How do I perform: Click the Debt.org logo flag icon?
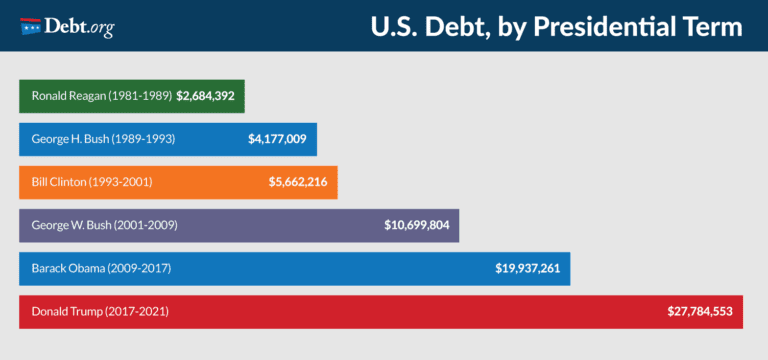tap(31, 25)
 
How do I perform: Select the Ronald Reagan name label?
tap(102, 97)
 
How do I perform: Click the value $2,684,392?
tap(208, 97)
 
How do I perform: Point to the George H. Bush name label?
tap(103, 139)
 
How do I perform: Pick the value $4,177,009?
tap(277, 139)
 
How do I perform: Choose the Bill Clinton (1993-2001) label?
tap(92, 182)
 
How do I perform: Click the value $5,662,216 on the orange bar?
tap(298, 182)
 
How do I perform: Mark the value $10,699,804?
tap(417, 225)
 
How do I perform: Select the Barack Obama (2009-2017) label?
tap(103, 268)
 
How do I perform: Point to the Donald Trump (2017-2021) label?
tap(100, 311)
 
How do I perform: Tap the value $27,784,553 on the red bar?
tap(700, 311)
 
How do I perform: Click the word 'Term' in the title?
tap(718, 26)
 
